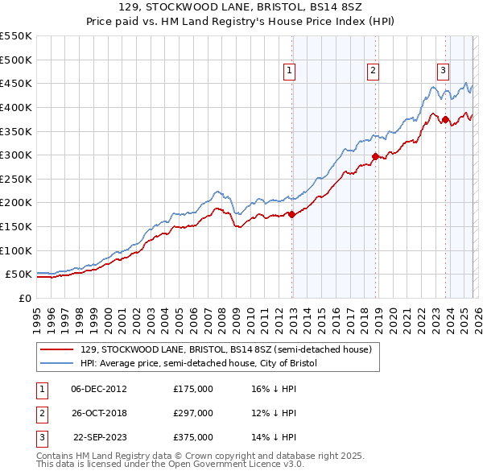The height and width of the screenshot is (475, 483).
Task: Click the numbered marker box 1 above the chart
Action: [x=289, y=71]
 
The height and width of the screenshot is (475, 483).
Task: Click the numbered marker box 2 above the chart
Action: [x=374, y=71]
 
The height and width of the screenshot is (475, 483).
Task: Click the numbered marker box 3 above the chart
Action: [x=443, y=71]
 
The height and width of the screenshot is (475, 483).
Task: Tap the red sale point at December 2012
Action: [x=292, y=214]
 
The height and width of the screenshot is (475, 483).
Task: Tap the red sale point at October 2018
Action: [x=375, y=156]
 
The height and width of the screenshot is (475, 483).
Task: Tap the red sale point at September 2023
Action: [x=445, y=120]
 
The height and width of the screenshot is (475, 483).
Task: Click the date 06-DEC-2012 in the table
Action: [x=99, y=389]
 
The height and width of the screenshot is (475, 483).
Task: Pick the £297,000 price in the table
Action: [x=193, y=413]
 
